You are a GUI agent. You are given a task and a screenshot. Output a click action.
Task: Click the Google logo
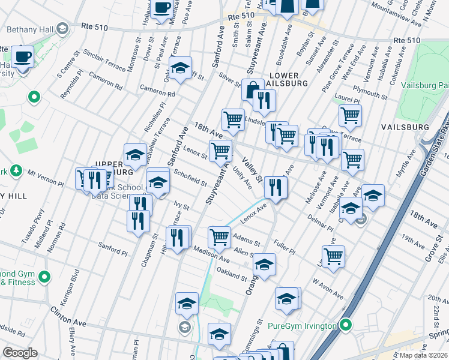click(x=20, y=353)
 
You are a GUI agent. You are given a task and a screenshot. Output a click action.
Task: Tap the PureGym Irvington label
click(x=310, y=326)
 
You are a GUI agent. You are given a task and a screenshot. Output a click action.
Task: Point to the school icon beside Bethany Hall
click(x=62, y=28)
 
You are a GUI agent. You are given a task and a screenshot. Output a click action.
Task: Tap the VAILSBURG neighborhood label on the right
click(x=405, y=127)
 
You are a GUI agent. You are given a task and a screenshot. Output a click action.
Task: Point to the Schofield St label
click(x=190, y=178)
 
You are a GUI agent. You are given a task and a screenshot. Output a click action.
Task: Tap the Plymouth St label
click(x=371, y=91)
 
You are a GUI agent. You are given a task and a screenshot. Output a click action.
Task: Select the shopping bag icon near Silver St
click(x=253, y=90)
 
